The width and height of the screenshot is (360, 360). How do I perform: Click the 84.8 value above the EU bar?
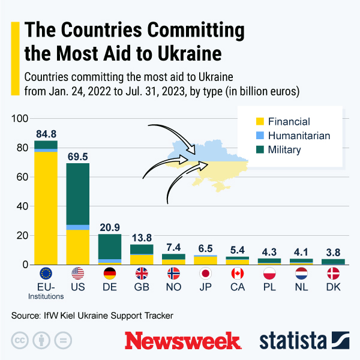tap(46, 134)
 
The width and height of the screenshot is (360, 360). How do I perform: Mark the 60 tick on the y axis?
tap(23, 177)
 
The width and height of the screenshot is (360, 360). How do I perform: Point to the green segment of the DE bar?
tap(110, 247)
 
